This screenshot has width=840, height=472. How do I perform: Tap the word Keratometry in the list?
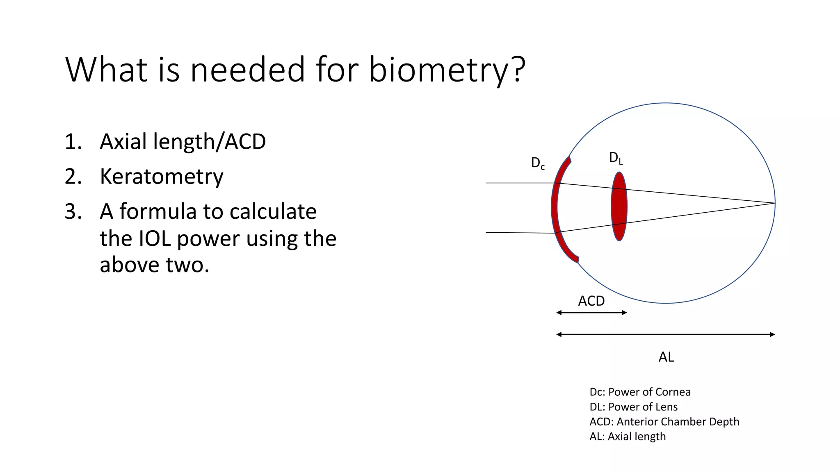[162, 177]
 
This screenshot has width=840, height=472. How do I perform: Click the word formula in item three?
[157, 212]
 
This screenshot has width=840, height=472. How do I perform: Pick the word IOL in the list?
[155, 238]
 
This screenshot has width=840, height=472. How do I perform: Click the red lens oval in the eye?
[619, 206]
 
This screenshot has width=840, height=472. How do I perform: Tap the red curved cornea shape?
[555, 209]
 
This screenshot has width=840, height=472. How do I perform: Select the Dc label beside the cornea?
[538, 163]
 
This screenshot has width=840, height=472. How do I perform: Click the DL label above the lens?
[616, 158]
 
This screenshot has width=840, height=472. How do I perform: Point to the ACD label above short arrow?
[591, 301]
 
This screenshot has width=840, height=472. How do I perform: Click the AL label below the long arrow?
[666, 357]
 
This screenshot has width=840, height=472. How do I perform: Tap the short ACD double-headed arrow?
[591, 313]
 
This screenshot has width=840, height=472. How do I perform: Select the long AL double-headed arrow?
[665, 334]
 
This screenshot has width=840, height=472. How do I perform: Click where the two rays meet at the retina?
[774, 203]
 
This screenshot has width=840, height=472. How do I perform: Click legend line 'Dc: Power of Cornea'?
[640, 392]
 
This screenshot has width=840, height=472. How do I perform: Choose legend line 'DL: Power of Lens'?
[633, 407]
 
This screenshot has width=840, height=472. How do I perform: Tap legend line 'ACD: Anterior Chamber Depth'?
[664, 422]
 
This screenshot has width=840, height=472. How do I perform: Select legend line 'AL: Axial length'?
[628, 436]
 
